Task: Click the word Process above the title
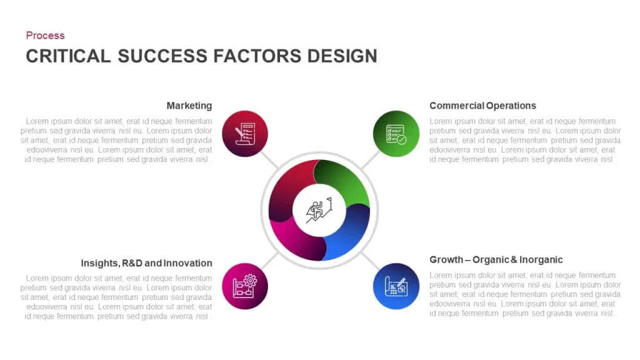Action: click(45, 36)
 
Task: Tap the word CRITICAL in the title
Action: click(68, 56)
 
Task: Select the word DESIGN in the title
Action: click(342, 56)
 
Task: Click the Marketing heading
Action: click(189, 106)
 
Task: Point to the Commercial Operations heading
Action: click(482, 106)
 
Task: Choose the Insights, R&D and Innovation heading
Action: click(146, 263)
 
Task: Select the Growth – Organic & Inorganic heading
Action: click(496, 259)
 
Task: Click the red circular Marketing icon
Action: click(245, 134)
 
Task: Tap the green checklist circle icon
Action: click(396, 134)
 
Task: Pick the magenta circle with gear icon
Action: click(245, 286)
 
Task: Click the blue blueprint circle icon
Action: click(396, 286)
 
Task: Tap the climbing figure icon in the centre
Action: click(319, 210)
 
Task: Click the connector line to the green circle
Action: click(371, 159)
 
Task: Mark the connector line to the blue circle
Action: click(371, 261)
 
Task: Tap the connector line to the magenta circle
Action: click(269, 261)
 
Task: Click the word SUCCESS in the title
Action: click(162, 56)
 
